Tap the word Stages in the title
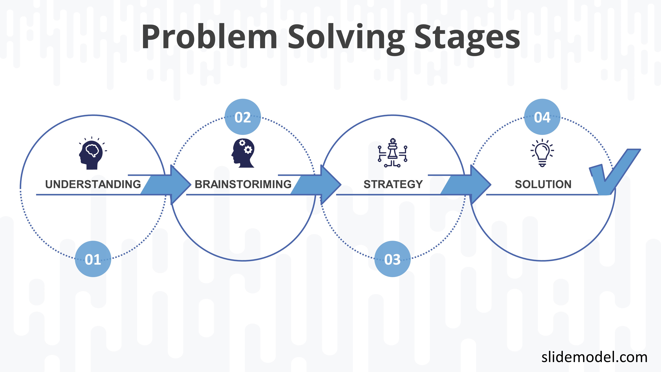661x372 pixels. (x=467, y=39)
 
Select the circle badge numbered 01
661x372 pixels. (x=93, y=259)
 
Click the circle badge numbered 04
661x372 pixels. (x=542, y=117)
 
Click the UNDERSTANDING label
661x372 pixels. (x=93, y=184)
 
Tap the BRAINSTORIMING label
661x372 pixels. (x=243, y=184)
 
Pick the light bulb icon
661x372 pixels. (x=542, y=153)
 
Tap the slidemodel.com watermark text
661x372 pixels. (x=594, y=357)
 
